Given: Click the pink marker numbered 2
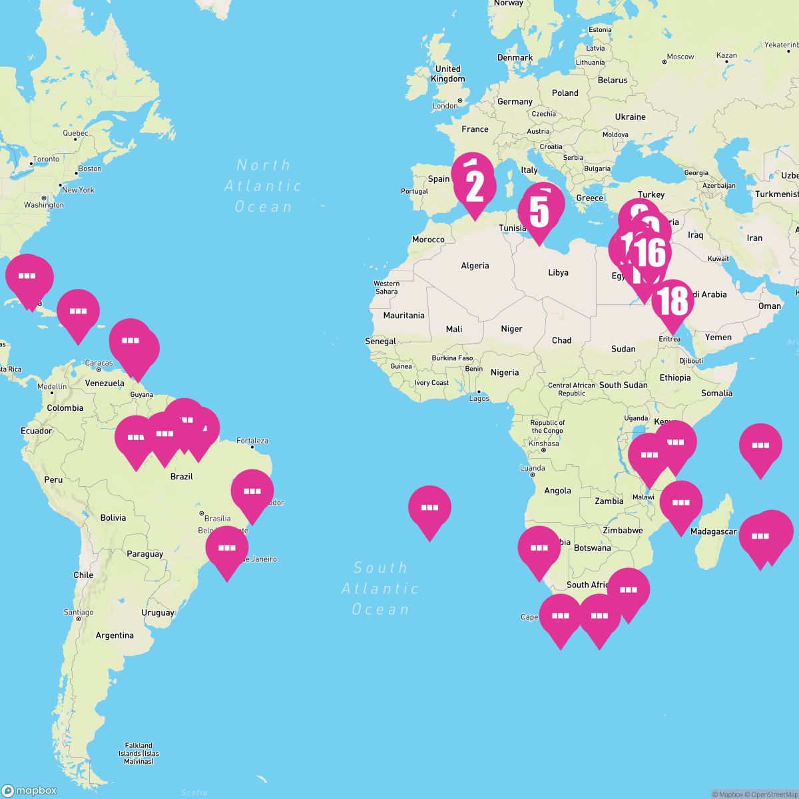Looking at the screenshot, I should (475, 187).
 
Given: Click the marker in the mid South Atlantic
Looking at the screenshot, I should (429, 509).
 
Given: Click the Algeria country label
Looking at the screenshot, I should (475, 266).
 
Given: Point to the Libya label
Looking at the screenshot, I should (558, 272).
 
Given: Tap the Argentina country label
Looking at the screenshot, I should (115, 635).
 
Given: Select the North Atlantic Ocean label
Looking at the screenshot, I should (263, 186).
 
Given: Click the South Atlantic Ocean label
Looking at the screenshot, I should (380, 589).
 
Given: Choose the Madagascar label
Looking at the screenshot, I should (713, 531).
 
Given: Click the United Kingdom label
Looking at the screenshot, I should (447, 74).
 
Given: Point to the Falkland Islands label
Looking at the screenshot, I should (139, 753).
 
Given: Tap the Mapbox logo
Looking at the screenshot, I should (31, 790).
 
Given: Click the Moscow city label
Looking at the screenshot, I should (680, 57).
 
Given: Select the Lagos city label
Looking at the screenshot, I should (479, 398).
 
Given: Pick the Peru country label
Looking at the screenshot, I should (53, 479).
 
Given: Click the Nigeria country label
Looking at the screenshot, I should (504, 372).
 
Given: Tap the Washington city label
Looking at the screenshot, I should (44, 205).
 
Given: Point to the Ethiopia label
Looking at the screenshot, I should (675, 378).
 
